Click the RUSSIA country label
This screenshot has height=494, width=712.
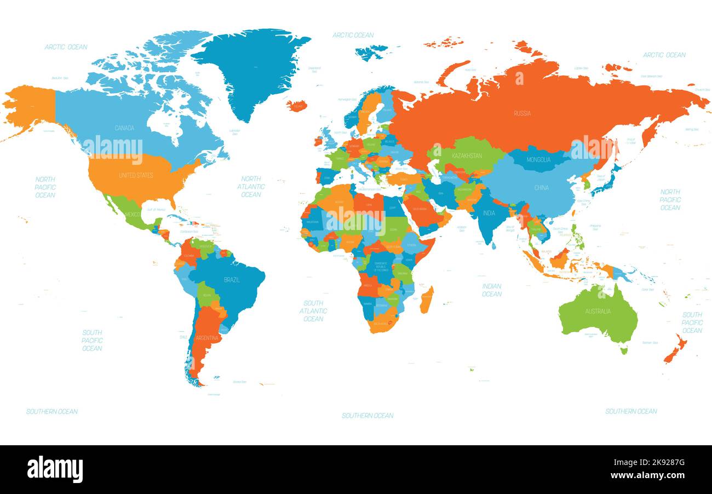coord(522,113)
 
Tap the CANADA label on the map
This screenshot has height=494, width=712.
coord(124,128)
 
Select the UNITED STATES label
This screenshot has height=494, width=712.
coord(136,175)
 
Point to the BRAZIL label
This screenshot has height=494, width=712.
coord(232,280)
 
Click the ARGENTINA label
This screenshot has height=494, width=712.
coord(207,338)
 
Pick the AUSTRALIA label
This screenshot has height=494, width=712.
coord(598,312)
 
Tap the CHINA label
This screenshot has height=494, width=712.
coord(541,188)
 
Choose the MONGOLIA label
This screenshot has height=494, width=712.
coord(538,160)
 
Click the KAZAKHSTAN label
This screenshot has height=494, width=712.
coord(467,156)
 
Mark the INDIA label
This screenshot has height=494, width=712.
coord(489,213)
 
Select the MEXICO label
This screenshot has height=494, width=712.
coord(133,214)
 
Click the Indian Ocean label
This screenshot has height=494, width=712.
coord(491,290)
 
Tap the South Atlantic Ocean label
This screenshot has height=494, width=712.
coord(313,311)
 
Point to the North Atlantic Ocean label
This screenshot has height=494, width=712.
coord(251,187)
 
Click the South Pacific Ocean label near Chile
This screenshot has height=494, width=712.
coord(92,340)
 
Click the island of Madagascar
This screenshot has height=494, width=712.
coord(427,300)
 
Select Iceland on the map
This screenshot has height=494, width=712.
coord(297,105)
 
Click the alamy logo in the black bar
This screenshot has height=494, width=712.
coord(55,469)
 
